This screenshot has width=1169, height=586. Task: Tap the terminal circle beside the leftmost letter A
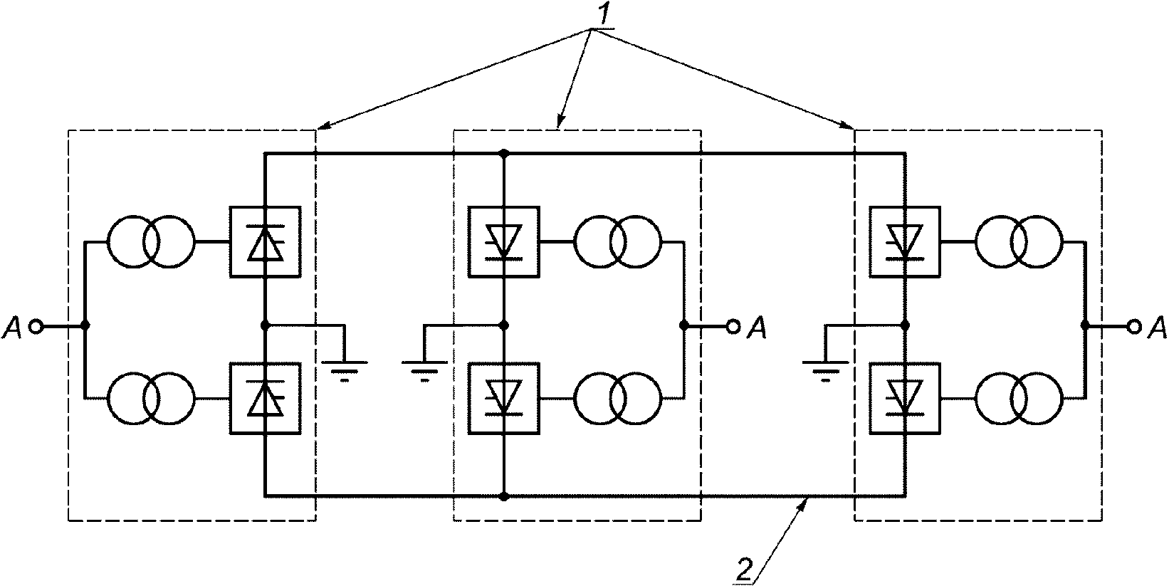coord(36,327)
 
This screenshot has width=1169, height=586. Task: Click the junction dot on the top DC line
coord(504,154)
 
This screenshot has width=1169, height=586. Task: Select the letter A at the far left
coord(12,329)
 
